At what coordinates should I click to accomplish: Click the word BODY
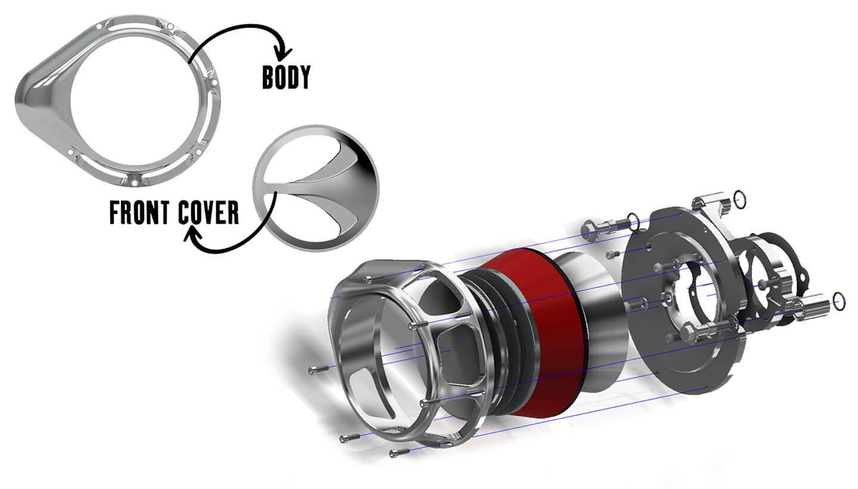pos(286,77)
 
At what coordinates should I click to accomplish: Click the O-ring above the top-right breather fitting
pos(740,200)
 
